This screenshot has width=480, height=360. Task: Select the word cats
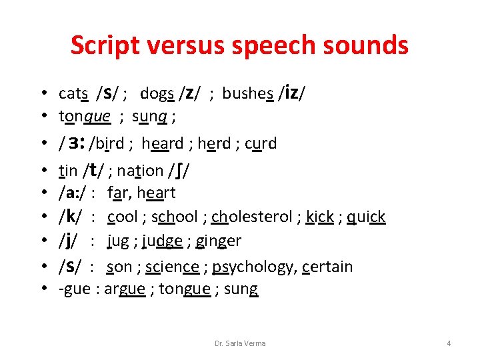[74, 93]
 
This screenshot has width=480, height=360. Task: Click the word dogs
[157, 93]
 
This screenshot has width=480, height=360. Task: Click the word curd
[261, 143]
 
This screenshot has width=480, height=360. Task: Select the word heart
[156, 193]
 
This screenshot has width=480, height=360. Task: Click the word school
[175, 217]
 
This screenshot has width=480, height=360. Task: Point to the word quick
[366, 217]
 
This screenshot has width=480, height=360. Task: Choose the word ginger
[219, 241]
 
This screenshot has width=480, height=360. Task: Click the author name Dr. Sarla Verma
[240, 343]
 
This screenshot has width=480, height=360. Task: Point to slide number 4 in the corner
[449, 343]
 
